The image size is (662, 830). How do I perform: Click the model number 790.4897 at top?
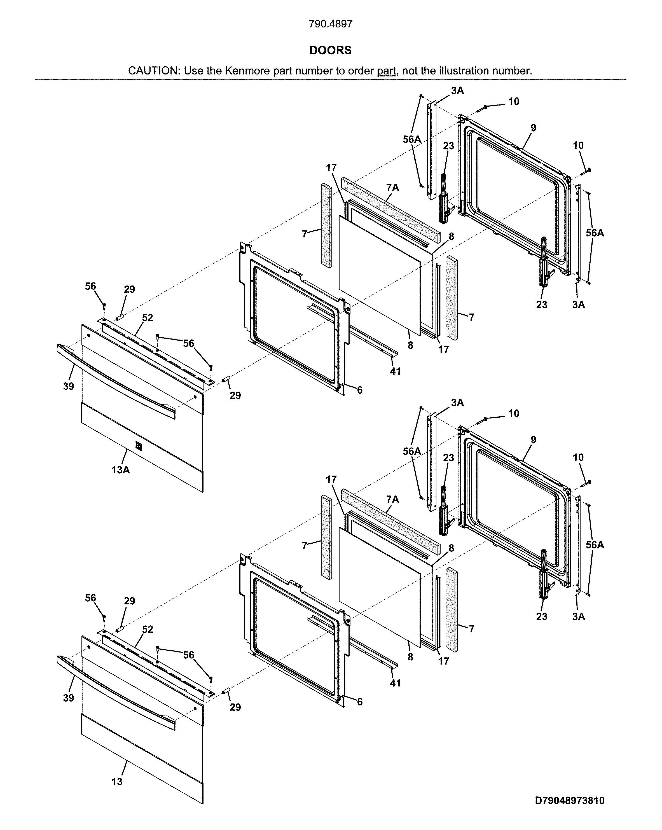[x=330, y=24]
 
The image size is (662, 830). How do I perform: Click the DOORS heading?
[x=330, y=50]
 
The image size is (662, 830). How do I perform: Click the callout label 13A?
[x=120, y=470]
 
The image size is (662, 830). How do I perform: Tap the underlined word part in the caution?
[x=386, y=71]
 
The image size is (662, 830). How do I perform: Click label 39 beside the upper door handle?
[x=69, y=386]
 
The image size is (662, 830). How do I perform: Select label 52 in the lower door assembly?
[x=148, y=629]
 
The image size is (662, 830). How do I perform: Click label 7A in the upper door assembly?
[x=392, y=188]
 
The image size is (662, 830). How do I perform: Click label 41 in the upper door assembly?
[x=395, y=371]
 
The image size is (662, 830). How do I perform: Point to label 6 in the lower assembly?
[x=359, y=702]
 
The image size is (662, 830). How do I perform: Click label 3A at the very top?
[x=457, y=90]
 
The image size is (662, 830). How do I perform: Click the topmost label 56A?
[x=412, y=139]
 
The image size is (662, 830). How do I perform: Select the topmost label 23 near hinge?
[x=448, y=146]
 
